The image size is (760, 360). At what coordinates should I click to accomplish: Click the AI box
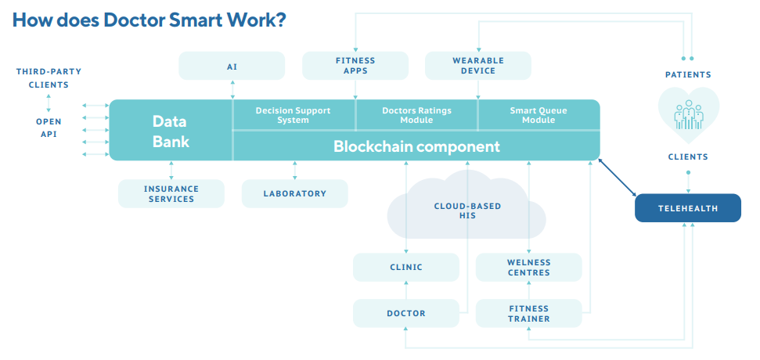tap(232, 67)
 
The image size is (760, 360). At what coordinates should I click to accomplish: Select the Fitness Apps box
tap(355, 66)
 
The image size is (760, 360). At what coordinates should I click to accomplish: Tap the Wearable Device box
tap(478, 66)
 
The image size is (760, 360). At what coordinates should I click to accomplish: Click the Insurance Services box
tap(171, 194)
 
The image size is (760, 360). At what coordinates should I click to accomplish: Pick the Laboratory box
tap(294, 194)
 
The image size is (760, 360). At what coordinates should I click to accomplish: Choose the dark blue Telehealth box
tap(687, 209)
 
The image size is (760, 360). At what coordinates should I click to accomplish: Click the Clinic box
tap(405, 268)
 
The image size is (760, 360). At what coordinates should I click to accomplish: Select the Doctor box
tap(405, 314)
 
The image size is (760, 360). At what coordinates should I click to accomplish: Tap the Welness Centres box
tap(529, 268)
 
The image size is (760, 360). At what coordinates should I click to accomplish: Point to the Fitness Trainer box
tap(529, 314)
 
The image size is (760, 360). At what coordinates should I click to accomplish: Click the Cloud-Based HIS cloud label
tap(467, 211)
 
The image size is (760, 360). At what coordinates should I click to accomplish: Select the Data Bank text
tap(171, 131)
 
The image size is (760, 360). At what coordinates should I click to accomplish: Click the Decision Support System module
tap(294, 115)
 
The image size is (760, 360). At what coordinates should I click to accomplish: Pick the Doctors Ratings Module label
tap(416, 115)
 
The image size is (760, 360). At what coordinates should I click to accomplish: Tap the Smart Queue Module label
tap(538, 115)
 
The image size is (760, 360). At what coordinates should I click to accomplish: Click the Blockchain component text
tap(416, 146)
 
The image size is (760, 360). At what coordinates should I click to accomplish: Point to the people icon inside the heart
tap(689, 115)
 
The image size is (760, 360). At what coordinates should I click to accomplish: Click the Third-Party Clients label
tap(49, 78)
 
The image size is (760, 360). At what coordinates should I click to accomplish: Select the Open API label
tap(49, 128)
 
